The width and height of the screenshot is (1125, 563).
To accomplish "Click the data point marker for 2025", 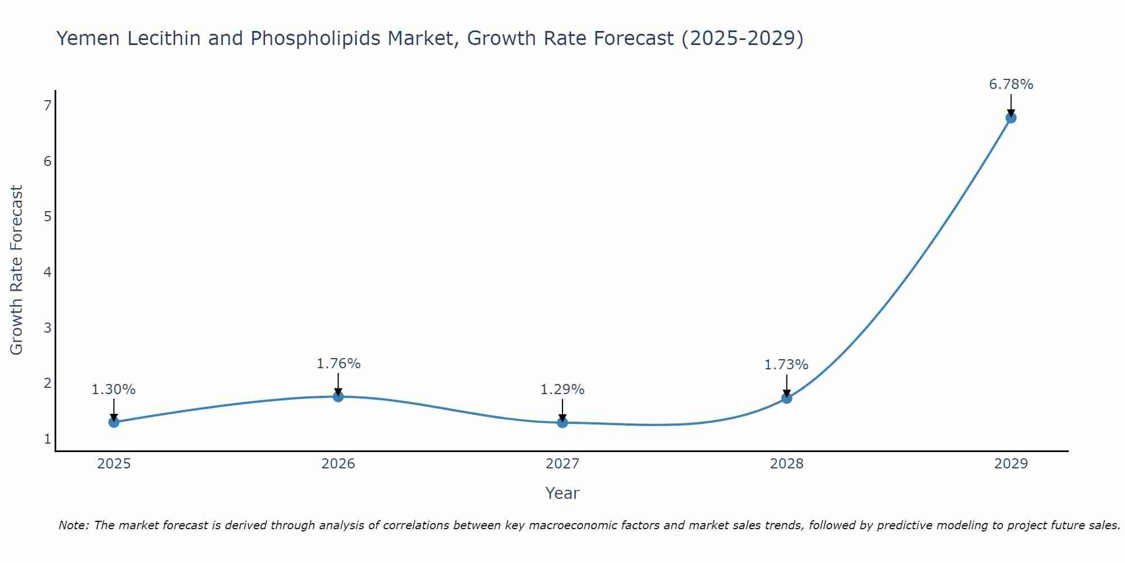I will pos(114,422).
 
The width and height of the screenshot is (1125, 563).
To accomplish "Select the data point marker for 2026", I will pos(338,396).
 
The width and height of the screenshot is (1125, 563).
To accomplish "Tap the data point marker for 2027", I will pos(562,422).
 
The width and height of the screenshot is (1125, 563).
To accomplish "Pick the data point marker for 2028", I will pos(786,398).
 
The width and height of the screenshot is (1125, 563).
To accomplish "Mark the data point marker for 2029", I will pos(1011,118).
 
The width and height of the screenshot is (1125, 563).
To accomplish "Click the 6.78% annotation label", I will pos(1011,84).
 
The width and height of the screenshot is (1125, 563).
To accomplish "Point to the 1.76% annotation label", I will pos(338,364).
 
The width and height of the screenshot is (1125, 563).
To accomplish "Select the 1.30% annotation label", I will pos(114,390).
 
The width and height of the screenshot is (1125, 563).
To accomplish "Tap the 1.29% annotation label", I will pos(562,390).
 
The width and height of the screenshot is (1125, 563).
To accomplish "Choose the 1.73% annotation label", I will pos(786,365).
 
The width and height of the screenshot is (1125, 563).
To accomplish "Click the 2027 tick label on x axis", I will pos(562,464).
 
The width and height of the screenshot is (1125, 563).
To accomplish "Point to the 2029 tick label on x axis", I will pos(1011,464).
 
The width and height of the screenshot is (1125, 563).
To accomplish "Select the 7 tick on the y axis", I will pos(47,106).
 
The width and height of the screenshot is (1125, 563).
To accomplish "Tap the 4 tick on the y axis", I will pos(47,272).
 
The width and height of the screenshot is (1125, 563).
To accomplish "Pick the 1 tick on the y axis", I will pos(47,439).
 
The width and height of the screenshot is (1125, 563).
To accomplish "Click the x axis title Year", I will pos(562,493).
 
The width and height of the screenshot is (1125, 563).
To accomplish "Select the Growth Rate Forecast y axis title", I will pos(17,270).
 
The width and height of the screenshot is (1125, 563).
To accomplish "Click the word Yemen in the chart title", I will pos(88,38).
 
